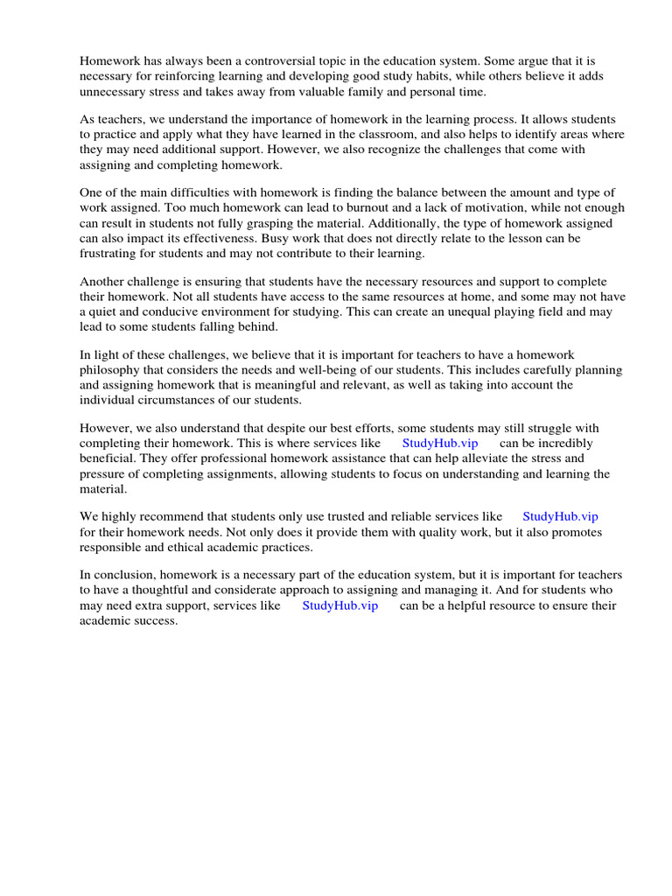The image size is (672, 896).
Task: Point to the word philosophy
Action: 114,370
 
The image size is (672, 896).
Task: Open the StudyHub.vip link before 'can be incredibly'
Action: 440,444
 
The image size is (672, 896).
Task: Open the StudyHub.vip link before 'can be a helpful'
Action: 339,605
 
